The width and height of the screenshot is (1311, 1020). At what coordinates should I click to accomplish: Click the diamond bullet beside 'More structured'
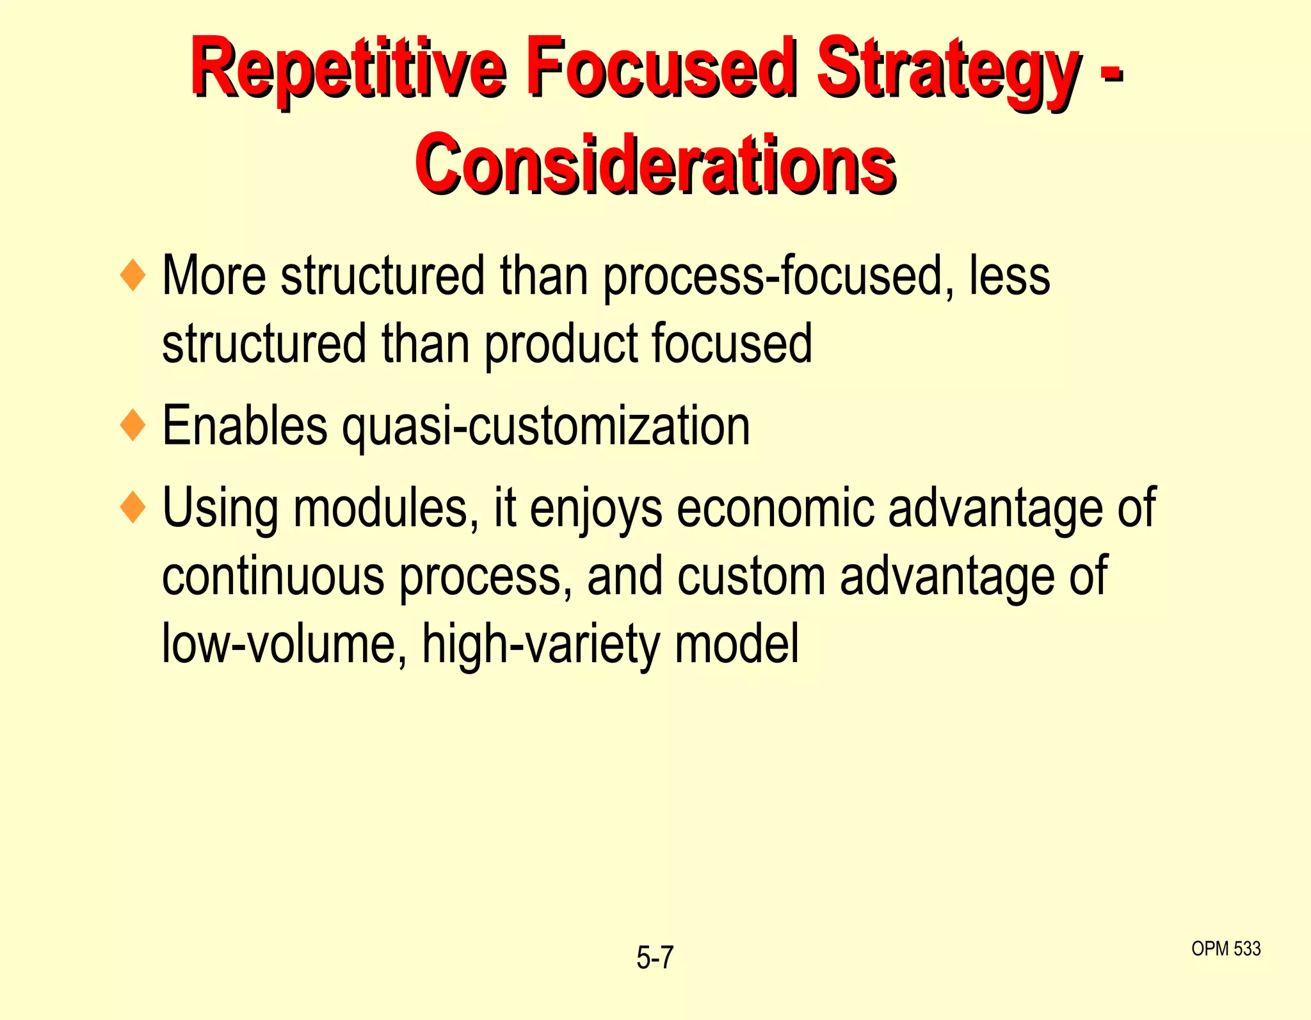point(133,275)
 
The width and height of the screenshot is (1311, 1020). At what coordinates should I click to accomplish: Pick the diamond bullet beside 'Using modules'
point(133,507)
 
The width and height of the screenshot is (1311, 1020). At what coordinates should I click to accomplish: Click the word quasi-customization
point(545,426)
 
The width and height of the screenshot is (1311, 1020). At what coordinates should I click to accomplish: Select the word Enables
point(245,426)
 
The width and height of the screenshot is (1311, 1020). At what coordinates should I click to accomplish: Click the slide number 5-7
point(655,958)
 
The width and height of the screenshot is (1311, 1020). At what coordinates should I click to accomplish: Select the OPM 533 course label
point(1225,948)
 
